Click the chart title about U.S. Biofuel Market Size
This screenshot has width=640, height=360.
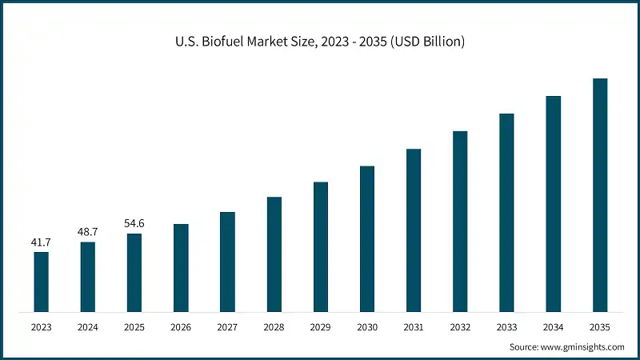tap(319, 41)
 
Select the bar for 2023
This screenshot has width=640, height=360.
tap(41, 282)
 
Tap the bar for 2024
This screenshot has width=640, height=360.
tap(87, 276)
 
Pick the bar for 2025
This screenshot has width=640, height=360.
tap(134, 272)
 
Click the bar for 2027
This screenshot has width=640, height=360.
tap(227, 262)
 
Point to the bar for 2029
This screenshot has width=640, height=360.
tap(320, 246)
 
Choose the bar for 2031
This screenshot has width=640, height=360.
tap(413, 230)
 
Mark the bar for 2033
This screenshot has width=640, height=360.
tap(506, 212)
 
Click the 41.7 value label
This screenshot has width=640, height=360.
tap(41, 241)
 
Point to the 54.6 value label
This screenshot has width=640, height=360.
tap(134, 222)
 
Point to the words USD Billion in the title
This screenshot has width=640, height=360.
tap(431, 41)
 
